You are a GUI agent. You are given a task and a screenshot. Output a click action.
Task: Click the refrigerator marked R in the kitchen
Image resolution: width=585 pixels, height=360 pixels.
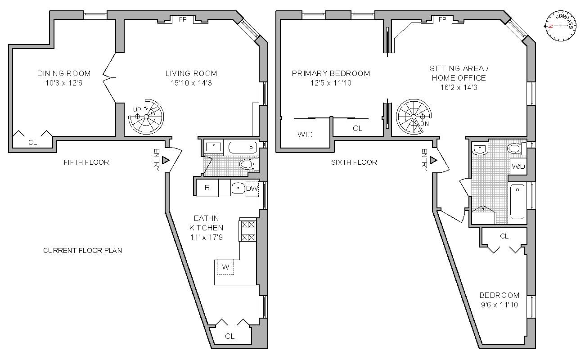207,188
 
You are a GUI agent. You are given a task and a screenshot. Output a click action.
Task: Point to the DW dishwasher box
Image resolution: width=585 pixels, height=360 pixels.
252,188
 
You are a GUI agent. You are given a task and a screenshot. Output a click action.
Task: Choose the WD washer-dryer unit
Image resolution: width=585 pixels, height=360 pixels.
518,166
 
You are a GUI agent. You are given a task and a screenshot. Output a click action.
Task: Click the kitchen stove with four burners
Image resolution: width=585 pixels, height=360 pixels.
248,230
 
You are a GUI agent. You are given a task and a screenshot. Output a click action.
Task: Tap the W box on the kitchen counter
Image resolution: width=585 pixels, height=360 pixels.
225,267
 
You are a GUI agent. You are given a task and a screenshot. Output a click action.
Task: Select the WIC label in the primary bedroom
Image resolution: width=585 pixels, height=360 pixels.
305,135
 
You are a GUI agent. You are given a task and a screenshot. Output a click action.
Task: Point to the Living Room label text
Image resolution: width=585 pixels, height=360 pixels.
191,73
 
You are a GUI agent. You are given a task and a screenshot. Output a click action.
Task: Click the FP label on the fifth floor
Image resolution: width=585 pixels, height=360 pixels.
183,19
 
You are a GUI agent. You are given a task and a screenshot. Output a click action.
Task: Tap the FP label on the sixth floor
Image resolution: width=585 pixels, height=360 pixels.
442,19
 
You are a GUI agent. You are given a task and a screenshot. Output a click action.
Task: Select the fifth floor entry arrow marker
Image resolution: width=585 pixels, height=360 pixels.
166,160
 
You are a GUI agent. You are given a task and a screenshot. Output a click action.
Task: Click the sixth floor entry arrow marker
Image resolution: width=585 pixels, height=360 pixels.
434,160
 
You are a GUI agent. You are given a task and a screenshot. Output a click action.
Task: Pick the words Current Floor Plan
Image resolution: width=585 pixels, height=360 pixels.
82,250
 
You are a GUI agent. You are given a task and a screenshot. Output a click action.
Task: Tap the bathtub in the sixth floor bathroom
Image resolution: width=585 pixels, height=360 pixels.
517,201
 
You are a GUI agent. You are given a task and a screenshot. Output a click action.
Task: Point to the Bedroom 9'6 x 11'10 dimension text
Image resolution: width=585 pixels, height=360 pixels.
499,305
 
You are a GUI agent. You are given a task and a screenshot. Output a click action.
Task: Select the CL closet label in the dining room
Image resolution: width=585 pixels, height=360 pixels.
32,142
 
